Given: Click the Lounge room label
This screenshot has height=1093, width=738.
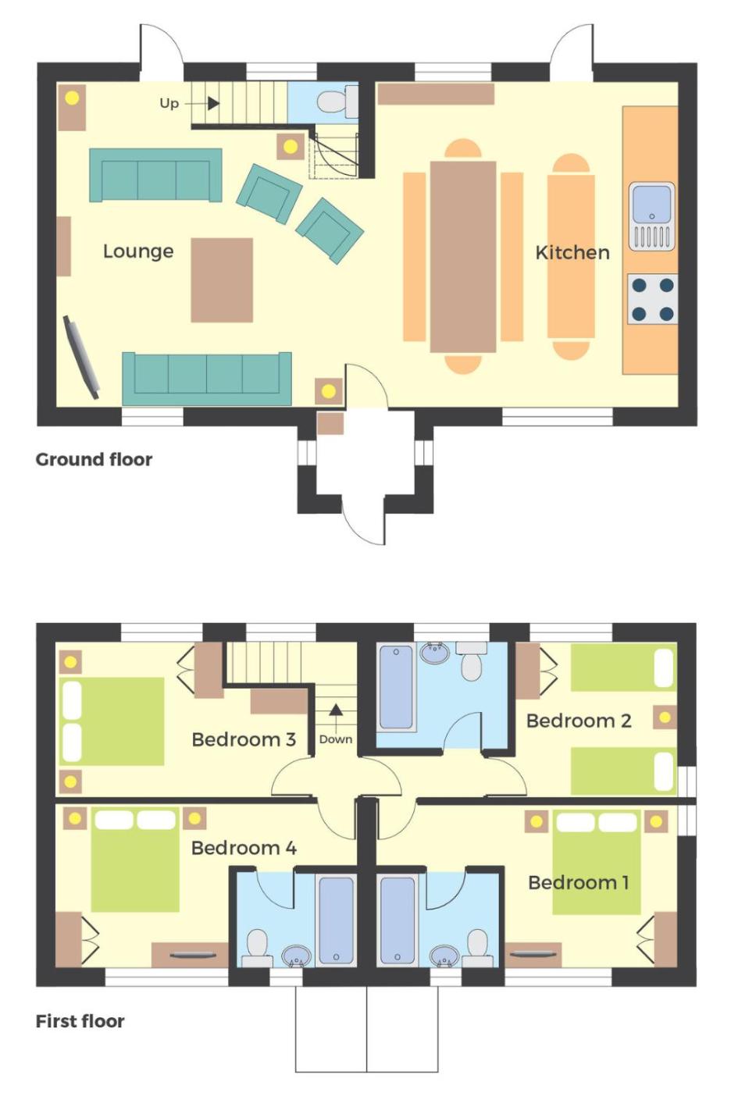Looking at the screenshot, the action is [x=138, y=251].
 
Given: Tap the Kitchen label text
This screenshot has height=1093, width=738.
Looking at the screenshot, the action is [x=572, y=253].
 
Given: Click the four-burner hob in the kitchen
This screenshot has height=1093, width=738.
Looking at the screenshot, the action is [x=653, y=298].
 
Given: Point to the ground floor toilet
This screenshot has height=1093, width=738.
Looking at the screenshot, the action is [x=337, y=101].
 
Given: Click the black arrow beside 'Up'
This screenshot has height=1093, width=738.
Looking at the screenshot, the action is [x=212, y=103].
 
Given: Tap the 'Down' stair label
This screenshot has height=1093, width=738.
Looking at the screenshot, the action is [x=336, y=739].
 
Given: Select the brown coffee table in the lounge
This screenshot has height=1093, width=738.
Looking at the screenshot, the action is [x=222, y=280].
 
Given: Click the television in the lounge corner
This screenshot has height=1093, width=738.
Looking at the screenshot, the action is [x=81, y=358].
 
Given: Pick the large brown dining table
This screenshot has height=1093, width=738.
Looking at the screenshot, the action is [x=463, y=257].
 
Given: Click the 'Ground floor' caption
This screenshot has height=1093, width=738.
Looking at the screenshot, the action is [x=94, y=460].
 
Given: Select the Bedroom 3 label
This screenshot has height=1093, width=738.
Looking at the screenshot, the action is [x=244, y=740].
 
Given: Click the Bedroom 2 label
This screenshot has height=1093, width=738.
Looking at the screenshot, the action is [x=579, y=721].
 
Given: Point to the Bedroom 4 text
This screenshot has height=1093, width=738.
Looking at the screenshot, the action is [x=244, y=848].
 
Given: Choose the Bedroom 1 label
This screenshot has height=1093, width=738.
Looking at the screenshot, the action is [x=579, y=882].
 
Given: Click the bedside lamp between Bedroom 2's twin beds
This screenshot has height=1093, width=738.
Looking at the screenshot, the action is [x=665, y=717].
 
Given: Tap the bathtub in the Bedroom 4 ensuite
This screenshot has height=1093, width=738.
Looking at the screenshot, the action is [x=336, y=920].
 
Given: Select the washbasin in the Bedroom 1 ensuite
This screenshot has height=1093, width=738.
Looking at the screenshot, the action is [x=444, y=954].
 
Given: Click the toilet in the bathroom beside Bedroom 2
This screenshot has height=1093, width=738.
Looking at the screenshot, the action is [x=472, y=661].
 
